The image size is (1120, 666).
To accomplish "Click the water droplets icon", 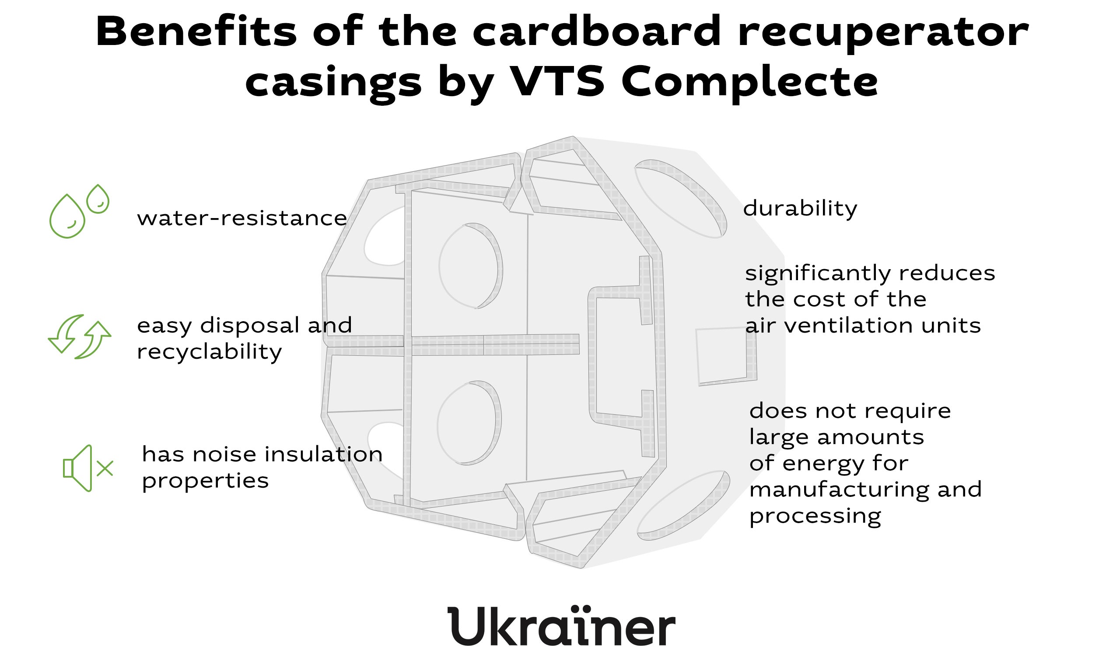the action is [79, 211].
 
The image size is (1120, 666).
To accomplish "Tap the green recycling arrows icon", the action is [80, 336].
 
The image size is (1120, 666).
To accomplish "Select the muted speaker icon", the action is [88, 468].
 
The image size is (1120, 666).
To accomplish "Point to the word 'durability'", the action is [800, 209].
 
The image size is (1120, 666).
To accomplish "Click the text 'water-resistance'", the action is [242, 219].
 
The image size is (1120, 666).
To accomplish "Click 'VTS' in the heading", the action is [557, 81].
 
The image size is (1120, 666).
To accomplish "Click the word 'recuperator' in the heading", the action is [883, 34].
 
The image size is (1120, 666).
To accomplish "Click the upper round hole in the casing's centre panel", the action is [470, 266].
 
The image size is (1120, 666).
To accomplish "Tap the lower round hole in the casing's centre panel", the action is [469, 423].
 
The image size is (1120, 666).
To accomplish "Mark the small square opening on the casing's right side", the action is [726, 356].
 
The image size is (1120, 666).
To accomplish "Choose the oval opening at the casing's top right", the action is [680, 198].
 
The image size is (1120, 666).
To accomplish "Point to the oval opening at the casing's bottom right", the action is [683, 505].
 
